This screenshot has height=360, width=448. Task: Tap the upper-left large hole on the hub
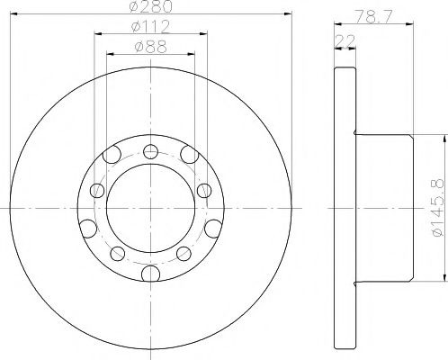click(112, 158)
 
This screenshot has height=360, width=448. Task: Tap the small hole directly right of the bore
click(205, 189)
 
